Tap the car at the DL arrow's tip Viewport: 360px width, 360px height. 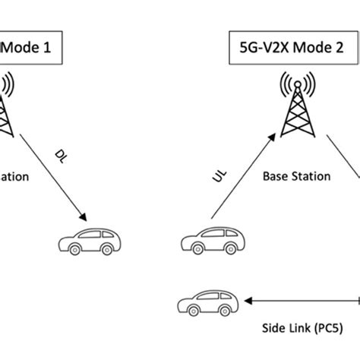coord(93,241)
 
